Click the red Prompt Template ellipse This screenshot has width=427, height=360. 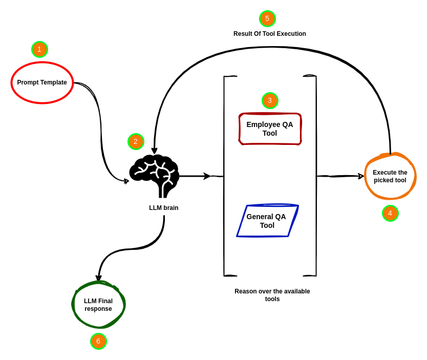pyautogui.click(x=42, y=82)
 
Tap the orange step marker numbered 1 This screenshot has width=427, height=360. pyautogui.click(x=39, y=50)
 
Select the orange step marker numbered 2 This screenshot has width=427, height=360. pyautogui.click(x=136, y=142)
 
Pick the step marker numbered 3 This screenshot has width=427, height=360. pyautogui.click(x=270, y=101)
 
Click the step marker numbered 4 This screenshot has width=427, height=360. pyautogui.click(x=390, y=214)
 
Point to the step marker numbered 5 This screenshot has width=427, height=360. pyautogui.click(x=267, y=19)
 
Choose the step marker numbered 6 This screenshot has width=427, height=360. pyautogui.click(x=98, y=342)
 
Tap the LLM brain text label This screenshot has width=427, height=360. pyautogui.click(x=164, y=208)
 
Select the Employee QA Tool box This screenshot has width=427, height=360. pyautogui.click(x=270, y=129)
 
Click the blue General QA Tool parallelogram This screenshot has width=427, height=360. pyautogui.click(x=267, y=221)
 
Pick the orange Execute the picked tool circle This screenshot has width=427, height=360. pyautogui.click(x=390, y=176)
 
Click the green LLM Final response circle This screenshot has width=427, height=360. pyautogui.click(x=98, y=305)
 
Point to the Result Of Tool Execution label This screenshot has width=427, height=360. pyautogui.click(x=270, y=34)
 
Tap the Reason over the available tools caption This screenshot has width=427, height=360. pyautogui.click(x=272, y=295)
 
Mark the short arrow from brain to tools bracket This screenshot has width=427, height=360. pyautogui.click(x=195, y=176)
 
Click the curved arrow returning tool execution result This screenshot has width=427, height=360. pyautogui.click(x=271, y=48)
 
